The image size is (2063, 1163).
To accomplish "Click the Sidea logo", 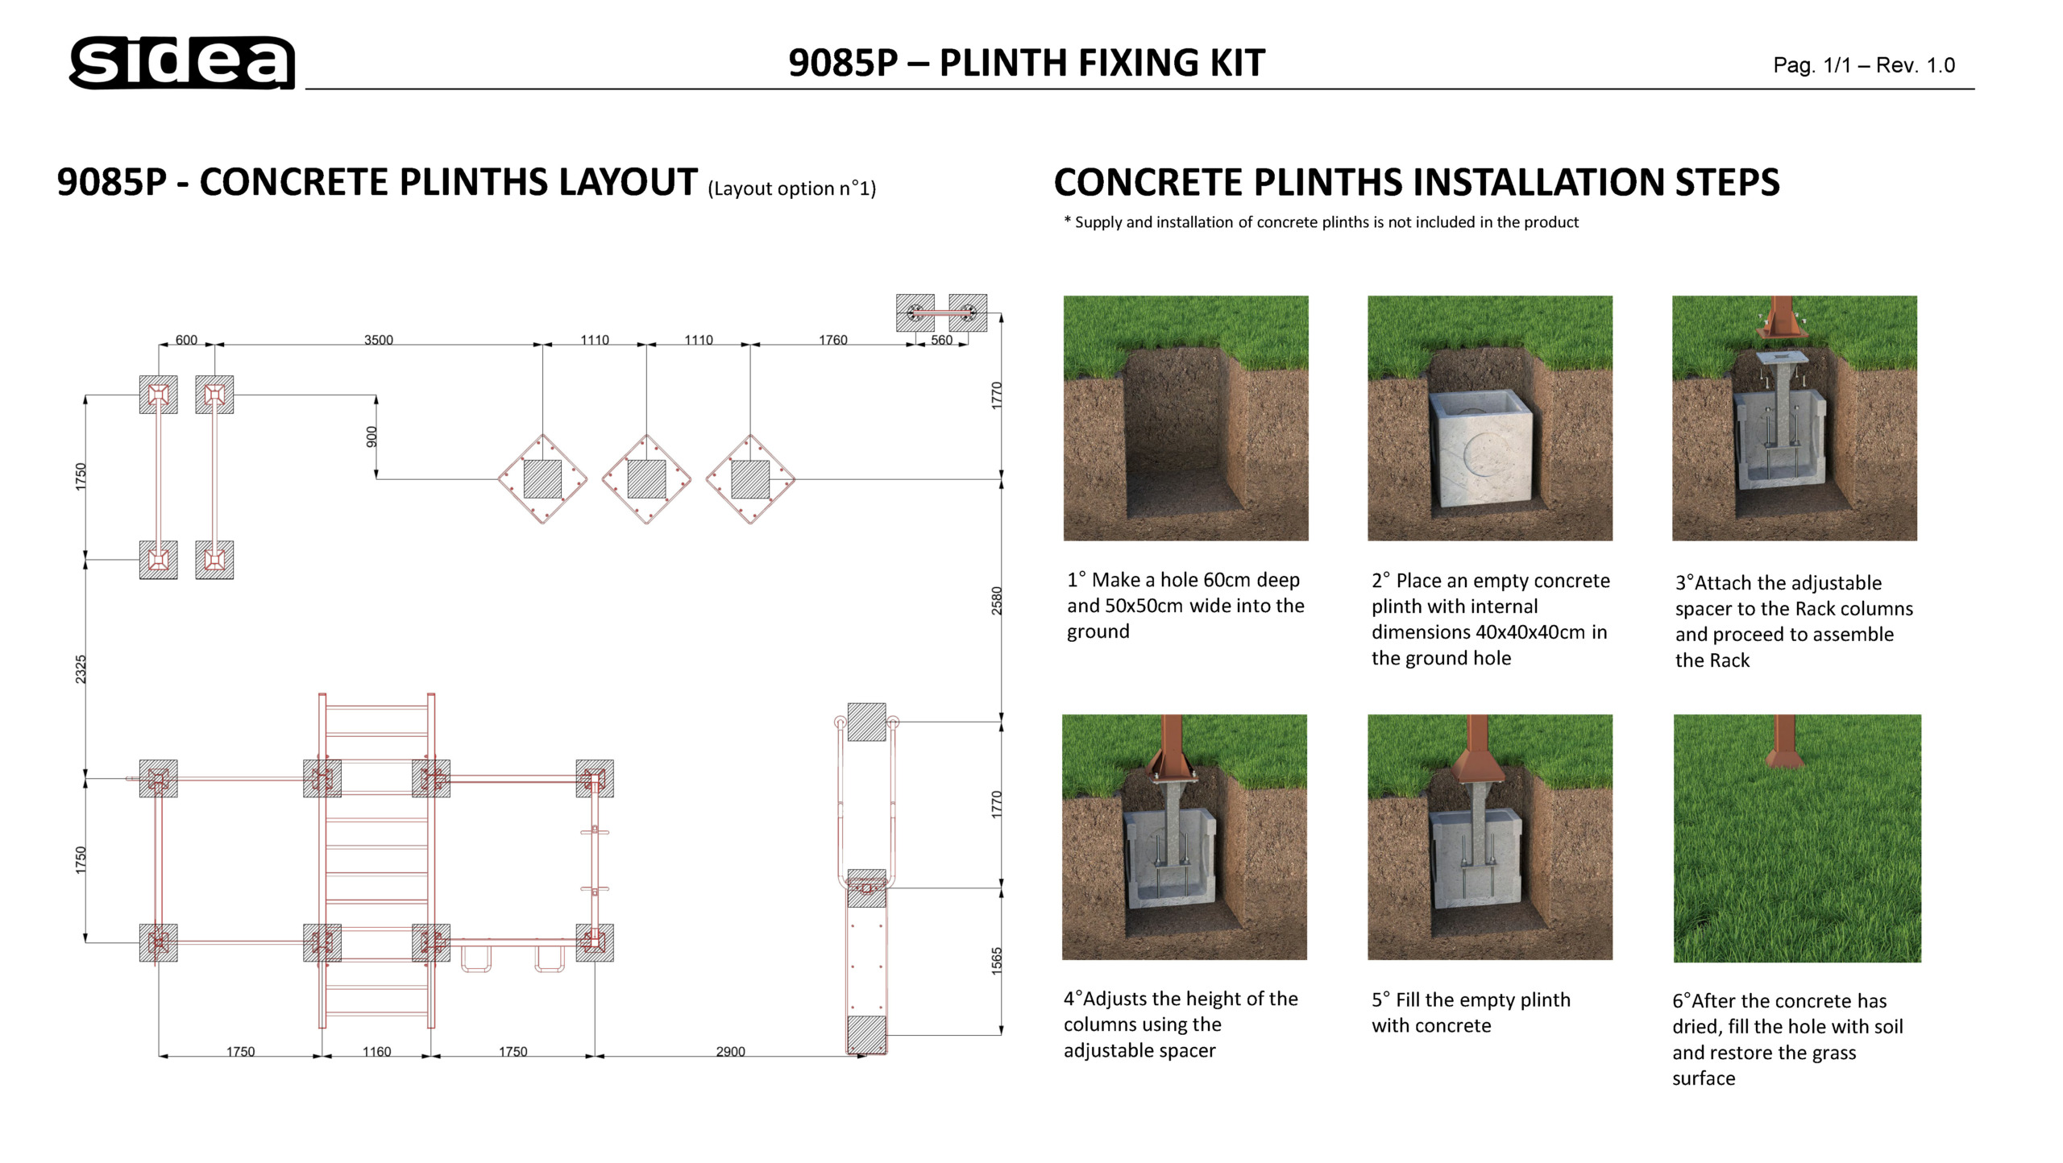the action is point(182,62).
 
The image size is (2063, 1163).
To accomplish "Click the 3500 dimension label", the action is point(379,340).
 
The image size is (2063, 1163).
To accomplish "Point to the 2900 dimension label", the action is point(730,1051).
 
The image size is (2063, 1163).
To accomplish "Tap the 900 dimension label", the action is point(372,437).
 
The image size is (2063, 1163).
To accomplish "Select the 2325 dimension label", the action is point(81,669).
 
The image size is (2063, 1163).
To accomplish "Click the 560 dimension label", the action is point(941,340).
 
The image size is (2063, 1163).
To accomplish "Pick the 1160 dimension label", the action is point(376,1051).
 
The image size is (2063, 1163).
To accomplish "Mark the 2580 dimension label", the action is point(997,601).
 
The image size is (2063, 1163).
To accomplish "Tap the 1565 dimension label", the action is point(997,961).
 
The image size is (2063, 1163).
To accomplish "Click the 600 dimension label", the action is point(186,340).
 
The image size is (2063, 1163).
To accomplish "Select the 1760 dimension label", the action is point(832,340).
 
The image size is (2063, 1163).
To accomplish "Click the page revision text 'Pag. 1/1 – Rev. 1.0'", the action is point(1864,65).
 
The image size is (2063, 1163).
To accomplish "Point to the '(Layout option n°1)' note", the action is point(791,188).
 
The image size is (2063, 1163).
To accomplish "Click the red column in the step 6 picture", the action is point(1785,740).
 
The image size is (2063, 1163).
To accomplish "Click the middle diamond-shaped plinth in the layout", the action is point(646,479).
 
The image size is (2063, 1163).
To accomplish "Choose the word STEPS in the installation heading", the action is point(1727,182).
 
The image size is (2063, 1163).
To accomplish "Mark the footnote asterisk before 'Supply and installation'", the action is point(1068,220).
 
